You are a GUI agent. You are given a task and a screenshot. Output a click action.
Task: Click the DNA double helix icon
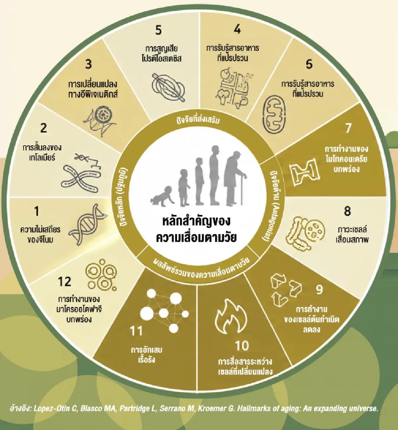coord(88,225)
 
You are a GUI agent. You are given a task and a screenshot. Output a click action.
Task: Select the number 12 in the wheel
coord(65,282)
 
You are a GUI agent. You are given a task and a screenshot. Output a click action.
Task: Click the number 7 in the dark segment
coord(348,128)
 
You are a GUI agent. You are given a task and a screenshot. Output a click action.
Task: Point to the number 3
coord(88,64)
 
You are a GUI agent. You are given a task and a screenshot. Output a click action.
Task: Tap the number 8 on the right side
coord(347,211)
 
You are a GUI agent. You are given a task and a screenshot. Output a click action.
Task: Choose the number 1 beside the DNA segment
coord(37,211)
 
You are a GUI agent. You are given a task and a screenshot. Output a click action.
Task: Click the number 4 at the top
coord(237,29)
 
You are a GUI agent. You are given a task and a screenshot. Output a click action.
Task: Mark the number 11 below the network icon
coord(136,331)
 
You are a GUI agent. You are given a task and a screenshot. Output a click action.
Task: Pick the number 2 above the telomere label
coord(44,128)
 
